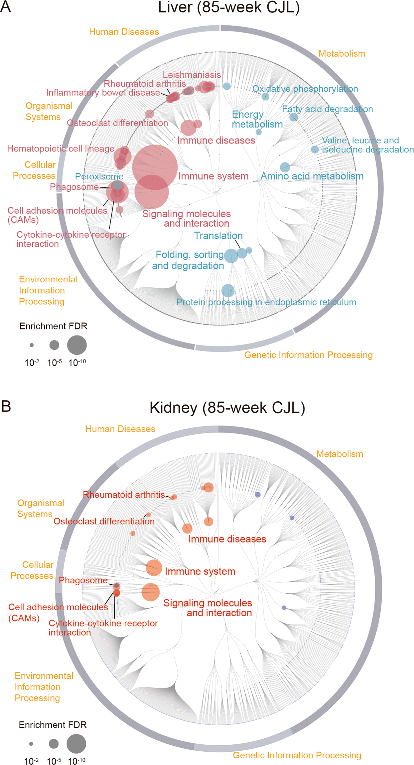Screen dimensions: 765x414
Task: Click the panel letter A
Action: (x=6, y=6)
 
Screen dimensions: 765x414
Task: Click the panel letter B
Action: (x=6, y=406)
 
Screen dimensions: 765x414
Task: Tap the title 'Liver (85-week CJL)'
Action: (x=228, y=7)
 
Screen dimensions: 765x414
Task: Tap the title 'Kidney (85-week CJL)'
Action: (x=227, y=408)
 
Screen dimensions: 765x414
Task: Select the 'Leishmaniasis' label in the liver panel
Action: (x=192, y=75)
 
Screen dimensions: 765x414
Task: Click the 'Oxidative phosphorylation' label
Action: (x=305, y=89)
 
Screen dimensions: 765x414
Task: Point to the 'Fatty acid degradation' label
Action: (x=327, y=109)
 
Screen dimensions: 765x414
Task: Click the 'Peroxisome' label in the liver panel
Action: (x=99, y=176)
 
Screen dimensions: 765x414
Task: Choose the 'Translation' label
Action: (x=218, y=236)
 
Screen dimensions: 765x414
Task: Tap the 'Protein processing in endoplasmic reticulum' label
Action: (x=266, y=302)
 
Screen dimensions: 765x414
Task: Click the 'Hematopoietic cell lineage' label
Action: (x=61, y=148)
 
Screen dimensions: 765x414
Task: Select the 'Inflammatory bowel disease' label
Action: (x=103, y=93)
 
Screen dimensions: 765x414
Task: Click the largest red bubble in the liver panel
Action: (x=155, y=167)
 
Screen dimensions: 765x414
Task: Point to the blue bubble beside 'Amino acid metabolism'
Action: (x=285, y=167)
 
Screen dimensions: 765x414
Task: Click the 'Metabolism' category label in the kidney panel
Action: (x=340, y=454)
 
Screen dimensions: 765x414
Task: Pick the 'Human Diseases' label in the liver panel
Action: (x=124, y=32)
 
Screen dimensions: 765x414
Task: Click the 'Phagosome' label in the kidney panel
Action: (x=83, y=580)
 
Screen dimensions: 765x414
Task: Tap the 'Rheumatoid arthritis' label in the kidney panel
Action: (x=124, y=495)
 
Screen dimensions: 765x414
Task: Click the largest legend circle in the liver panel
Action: (x=77, y=345)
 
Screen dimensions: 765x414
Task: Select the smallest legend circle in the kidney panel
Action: (x=31, y=744)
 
